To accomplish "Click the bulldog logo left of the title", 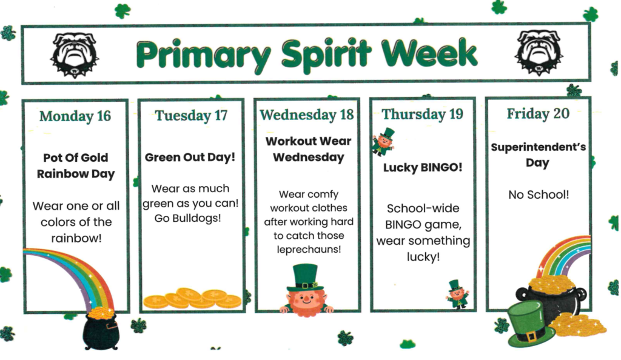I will (x=74, y=54).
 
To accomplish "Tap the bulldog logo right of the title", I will (x=539, y=53).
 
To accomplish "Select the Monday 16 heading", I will (x=75, y=116).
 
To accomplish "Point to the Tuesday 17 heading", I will (x=191, y=115).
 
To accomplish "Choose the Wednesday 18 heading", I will (x=306, y=115).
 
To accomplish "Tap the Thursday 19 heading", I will (x=422, y=114).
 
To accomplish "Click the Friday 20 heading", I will (x=538, y=113).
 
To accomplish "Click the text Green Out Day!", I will (x=190, y=158).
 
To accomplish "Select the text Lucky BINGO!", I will (x=423, y=168).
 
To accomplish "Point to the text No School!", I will (x=538, y=195).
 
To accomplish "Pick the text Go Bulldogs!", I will (x=190, y=218).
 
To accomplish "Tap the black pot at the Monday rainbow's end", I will (x=100, y=331).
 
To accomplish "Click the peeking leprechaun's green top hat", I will (x=306, y=278).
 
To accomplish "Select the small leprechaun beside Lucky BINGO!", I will (x=383, y=141).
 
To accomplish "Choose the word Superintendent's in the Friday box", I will (x=538, y=147).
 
